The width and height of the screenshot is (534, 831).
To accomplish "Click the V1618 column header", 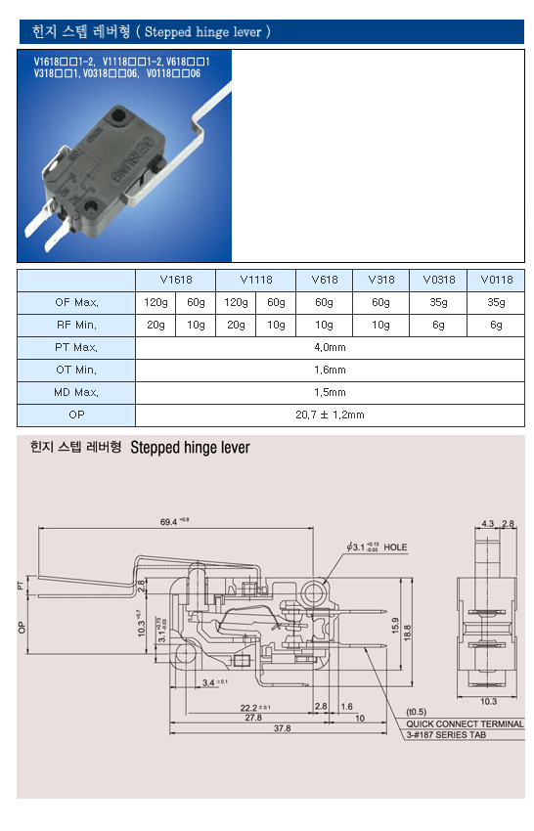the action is click(175, 280).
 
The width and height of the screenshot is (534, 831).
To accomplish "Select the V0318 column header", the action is click(438, 280).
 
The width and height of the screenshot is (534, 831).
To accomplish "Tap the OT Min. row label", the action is click(76, 370).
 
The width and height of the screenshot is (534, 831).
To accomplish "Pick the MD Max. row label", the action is click(76, 393).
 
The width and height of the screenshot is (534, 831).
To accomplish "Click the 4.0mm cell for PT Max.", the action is click(330, 348).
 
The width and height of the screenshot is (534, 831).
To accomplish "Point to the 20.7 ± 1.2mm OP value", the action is click(330, 415).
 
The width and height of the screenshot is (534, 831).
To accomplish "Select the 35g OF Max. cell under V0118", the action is click(496, 302).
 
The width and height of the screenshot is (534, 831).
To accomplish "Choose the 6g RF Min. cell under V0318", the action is click(438, 325).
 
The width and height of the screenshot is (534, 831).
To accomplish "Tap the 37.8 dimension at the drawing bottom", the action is click(282, 728).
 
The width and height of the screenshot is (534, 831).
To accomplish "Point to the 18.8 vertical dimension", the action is click(407, 633).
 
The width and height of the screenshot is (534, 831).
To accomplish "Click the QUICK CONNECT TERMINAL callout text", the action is click(465, 723).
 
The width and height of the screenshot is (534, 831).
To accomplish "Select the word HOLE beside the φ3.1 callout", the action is click(395, 547).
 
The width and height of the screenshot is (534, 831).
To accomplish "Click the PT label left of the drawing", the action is click(21, 585).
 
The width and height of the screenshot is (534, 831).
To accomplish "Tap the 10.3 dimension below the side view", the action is click(488, 701).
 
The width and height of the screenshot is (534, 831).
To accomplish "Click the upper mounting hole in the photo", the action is click(118, 113).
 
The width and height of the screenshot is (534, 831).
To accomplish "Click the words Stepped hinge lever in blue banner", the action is click(203, 32).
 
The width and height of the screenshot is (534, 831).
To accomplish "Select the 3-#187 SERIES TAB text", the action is click(446, 734).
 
